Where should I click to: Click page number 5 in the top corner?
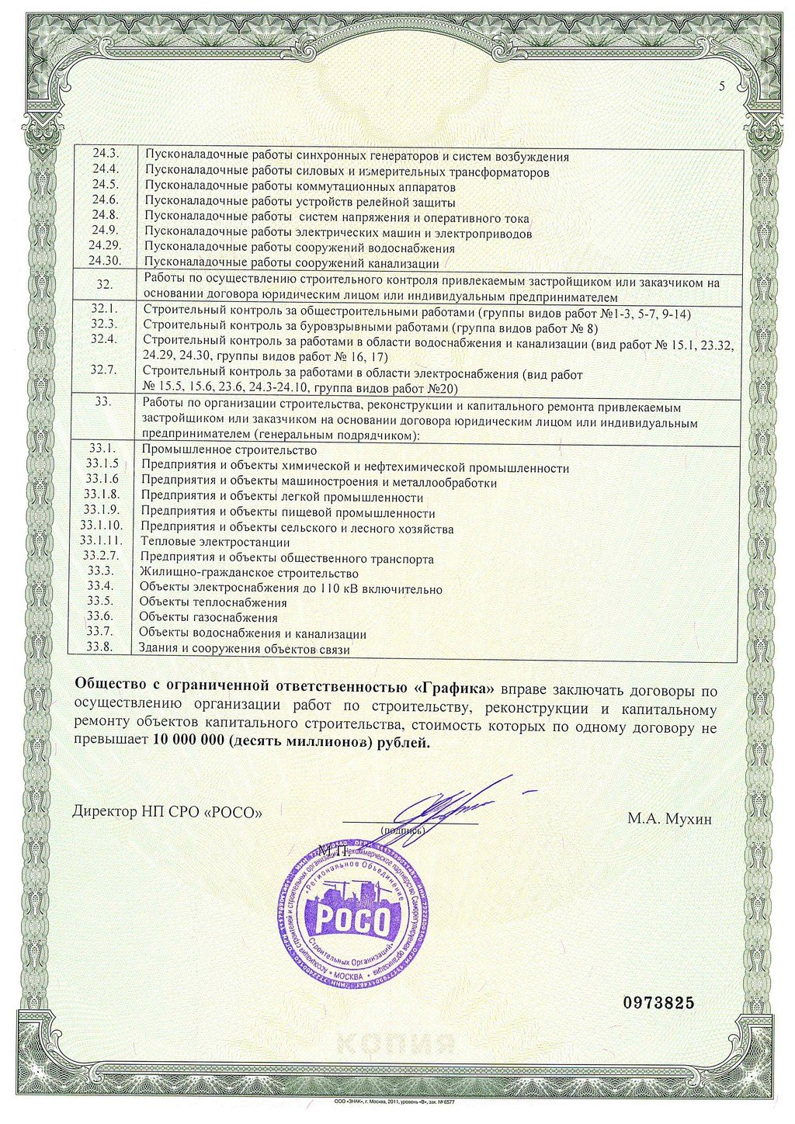pyautogui.click(x=720, y=86)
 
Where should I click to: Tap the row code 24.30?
pyautogui.click(x=103, y=262)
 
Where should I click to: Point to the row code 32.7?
pyautogui.click(x=103, y=369)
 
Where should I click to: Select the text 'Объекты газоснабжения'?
pyautogui.click(x=208, y=618)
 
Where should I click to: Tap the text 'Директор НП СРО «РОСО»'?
pyautogui.click(x=167, y=812)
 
